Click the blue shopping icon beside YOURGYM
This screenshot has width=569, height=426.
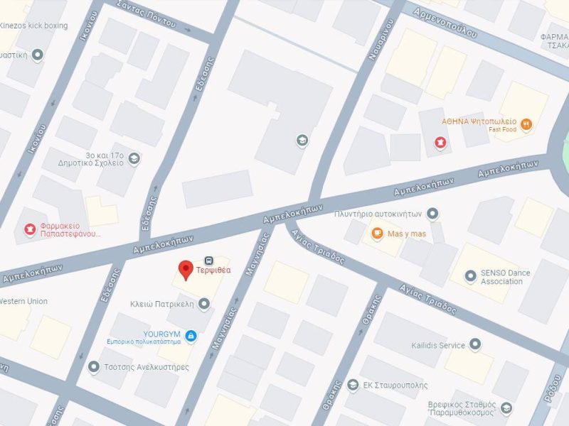tap(190, 335)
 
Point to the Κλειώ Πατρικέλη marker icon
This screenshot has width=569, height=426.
tap(204, 304)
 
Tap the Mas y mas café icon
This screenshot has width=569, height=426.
tap(376, 234)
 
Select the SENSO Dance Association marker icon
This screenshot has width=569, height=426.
tap(469, 276)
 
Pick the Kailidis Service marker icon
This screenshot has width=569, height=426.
tap(475, 345)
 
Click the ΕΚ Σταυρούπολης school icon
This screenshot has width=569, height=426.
tap(353, 385)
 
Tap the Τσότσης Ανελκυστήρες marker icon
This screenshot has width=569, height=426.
tap(93, 366)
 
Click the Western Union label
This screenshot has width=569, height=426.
tap(23, 302)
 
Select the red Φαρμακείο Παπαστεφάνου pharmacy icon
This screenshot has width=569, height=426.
tap(31, 229)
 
